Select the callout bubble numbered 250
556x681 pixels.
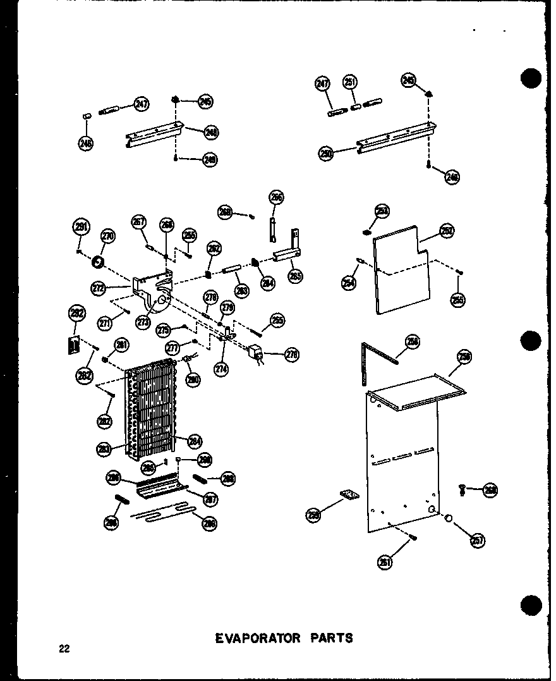click(326, 153)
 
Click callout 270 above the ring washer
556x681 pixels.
click(108, 238)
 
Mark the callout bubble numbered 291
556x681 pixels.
click(81, 227)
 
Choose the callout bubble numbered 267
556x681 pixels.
click(139, 222)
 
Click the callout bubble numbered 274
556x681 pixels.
click(221, 370)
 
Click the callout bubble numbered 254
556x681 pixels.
click(348, 283)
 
